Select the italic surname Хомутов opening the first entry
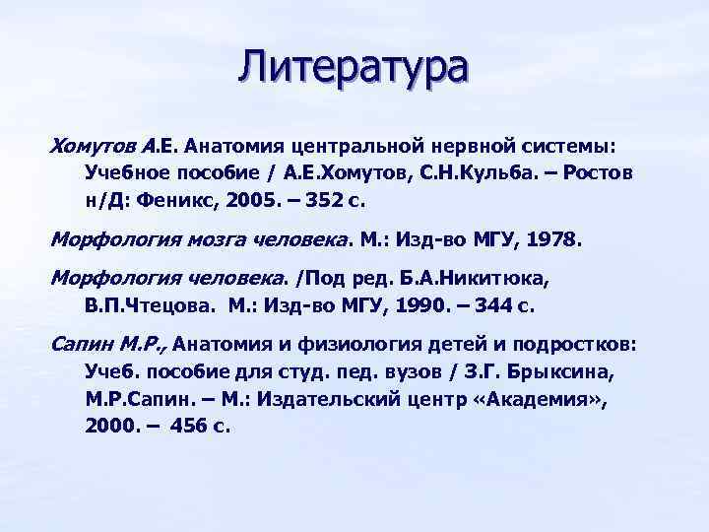pyautogui.click(x=94, y=146)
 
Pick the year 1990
pyautogui.click(x=419, y=303)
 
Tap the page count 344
pyautogui.click(x=494, y=303)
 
